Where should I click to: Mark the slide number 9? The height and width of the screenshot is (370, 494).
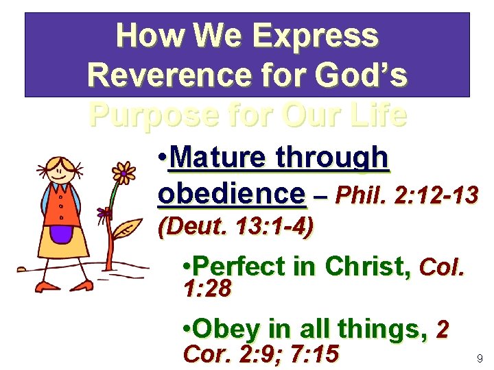click(x=479, y=358)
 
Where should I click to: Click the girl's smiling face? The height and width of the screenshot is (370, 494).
click(x=62, y=167)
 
